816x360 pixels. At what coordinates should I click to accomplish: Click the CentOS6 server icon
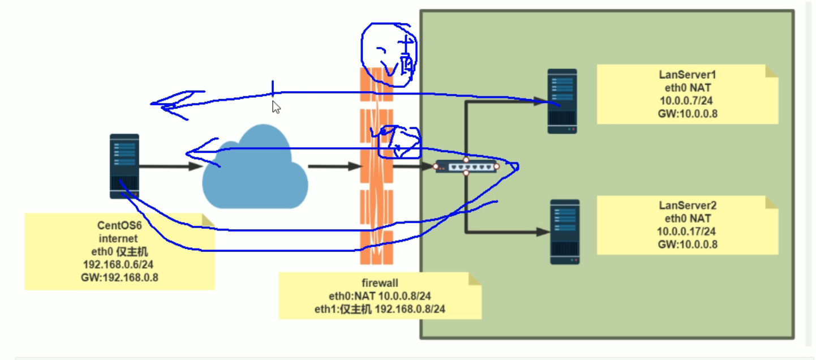(124, 166)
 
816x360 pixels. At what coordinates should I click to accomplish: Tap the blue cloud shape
(255, 169)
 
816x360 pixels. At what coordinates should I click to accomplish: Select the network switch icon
(466, 166)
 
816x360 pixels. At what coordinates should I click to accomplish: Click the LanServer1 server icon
(562, 101)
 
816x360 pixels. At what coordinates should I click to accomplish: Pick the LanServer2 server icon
(565, 232)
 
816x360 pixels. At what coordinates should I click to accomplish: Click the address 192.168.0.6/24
(118, 264)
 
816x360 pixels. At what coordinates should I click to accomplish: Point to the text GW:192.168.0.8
(118, 277)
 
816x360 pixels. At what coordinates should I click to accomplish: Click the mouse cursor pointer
(276, 106)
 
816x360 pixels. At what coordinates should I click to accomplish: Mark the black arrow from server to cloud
(170, 166)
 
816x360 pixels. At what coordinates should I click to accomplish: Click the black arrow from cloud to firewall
(334, 166)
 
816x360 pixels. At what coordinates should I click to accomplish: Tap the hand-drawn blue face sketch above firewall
(389, 54)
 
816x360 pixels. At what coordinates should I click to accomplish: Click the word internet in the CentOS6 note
(118, 239)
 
